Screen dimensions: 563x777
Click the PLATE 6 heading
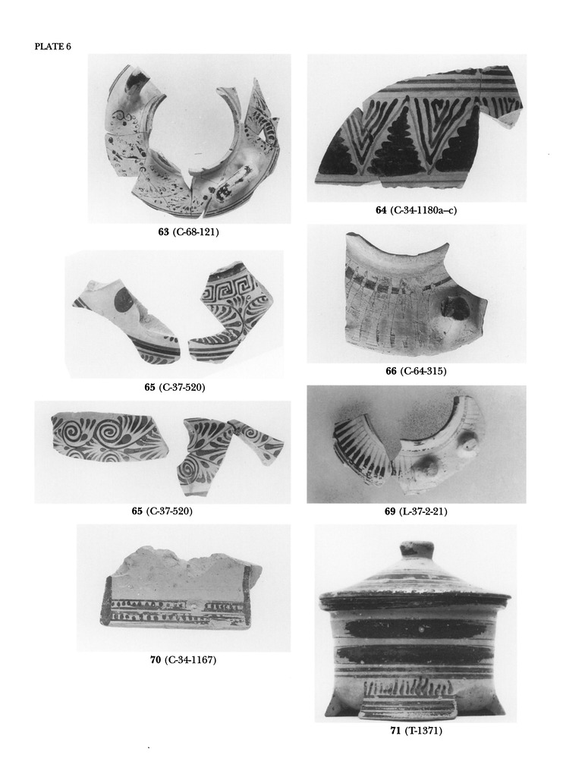pos(53,46)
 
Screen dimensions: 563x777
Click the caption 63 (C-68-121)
pos(188,231)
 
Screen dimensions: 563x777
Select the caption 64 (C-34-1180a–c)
pos(417,210)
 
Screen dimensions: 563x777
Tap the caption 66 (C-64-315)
pos(416,370)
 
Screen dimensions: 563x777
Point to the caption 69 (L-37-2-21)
pos(416,511)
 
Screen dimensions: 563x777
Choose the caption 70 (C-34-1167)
pos(184,659)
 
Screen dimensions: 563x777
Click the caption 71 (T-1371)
pos(416,731)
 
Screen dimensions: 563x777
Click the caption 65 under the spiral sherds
pos(162,511)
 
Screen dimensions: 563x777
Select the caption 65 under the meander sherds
pos(175,387)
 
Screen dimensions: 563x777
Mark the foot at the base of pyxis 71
pos(407,708)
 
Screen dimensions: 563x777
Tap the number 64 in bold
pos(381,210)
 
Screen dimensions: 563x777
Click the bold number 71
pos(395,731)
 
